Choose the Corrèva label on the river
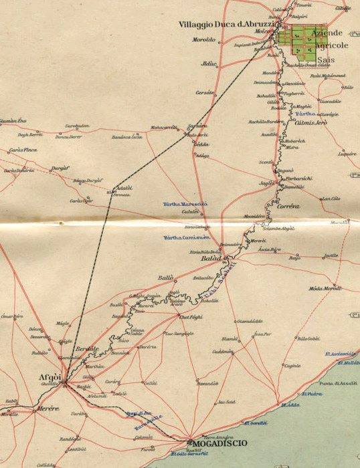click(288, 207)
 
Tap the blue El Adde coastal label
click(290, 405)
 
